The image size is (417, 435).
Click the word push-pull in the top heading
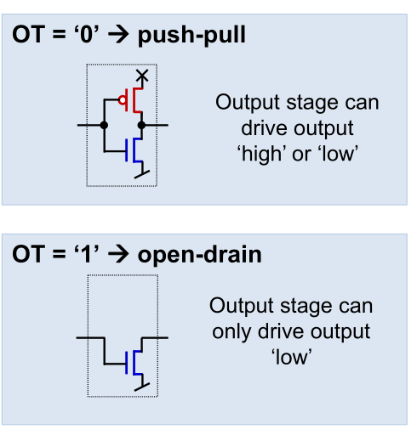(191, 36)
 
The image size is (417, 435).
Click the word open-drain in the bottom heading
(199, 255)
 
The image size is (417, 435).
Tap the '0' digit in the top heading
(87, 34)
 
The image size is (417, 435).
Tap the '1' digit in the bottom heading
(86, 254)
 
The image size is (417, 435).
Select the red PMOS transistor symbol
(132, 100)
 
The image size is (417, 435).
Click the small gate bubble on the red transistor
(123, 100)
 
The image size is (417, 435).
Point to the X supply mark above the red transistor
(142, 76)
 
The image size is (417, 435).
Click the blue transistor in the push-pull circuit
(134, 150)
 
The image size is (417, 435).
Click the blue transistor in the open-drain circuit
(134, 363)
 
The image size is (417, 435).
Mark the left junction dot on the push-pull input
(104, 125)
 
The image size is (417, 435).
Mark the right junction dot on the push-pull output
(141, 125)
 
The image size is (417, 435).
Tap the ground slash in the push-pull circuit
(142, 174)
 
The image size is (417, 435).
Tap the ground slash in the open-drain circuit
(142, 387)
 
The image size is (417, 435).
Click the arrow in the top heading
(118, 35)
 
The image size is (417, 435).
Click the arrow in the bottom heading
(118, 255)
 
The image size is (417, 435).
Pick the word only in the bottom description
(231, 331)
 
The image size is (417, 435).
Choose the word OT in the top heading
(29, 34)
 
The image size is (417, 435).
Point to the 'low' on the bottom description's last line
(291, 357)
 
